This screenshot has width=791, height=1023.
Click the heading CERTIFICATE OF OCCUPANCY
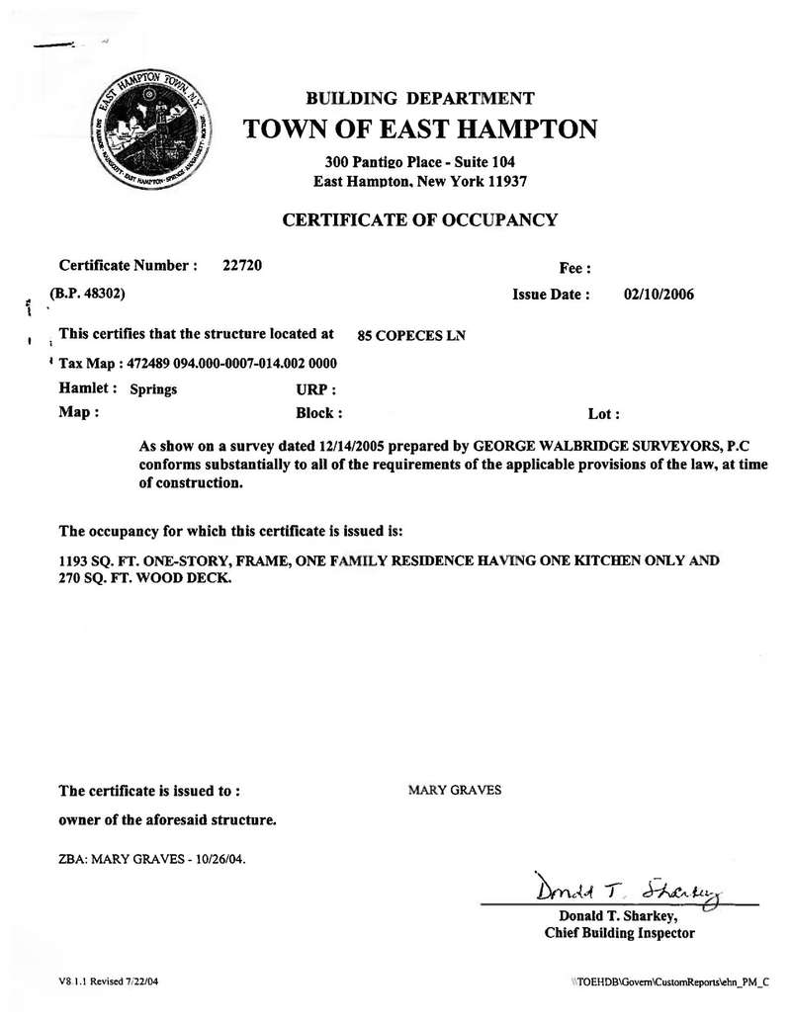pos(420,219)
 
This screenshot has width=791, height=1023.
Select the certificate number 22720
pos(242,265)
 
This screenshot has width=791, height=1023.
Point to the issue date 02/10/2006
pos(659,294)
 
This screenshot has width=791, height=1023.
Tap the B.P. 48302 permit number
pos(87,294)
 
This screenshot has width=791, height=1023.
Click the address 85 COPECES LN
pos(410,335)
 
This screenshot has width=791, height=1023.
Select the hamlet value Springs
pos(153,389)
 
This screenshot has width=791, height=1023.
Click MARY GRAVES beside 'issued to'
pos(454,790)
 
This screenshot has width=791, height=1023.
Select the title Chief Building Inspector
pos(619,932)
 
